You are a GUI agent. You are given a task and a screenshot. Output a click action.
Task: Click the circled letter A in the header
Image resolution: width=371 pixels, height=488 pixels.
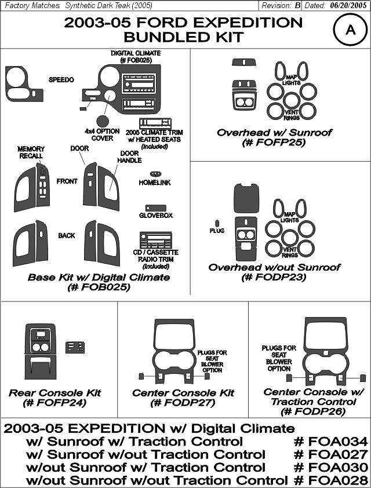(x=351, y=30)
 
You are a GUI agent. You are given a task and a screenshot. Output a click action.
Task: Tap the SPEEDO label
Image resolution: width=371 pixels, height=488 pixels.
(x=61, y=79)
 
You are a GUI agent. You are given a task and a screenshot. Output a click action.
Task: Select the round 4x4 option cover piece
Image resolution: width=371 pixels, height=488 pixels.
(x=103, y=121)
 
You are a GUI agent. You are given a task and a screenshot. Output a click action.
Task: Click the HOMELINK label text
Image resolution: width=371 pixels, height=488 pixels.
(x=155, y=183)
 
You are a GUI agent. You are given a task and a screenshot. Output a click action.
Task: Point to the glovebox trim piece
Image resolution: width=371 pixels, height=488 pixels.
(x=155, y=208)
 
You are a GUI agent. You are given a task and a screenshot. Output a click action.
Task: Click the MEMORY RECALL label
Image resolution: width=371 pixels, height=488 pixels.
(x=31, y=152)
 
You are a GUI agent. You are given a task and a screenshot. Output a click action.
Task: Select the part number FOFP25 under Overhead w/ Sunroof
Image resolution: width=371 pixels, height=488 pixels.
(x=274, y=143)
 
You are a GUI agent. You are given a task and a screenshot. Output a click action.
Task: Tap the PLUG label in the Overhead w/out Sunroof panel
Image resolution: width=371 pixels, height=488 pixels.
(x=217, y=231)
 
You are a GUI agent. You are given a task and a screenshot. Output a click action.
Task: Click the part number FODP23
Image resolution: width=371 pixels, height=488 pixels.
(x=274, y=276)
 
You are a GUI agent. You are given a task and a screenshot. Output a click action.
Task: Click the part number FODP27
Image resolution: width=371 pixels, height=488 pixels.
(x=183, y=403)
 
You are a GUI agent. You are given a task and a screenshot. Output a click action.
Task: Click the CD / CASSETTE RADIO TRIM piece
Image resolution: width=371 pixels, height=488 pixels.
(x=155, y=240)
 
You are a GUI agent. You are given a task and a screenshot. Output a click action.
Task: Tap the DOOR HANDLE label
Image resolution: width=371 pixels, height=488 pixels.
(x=129, y=157)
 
